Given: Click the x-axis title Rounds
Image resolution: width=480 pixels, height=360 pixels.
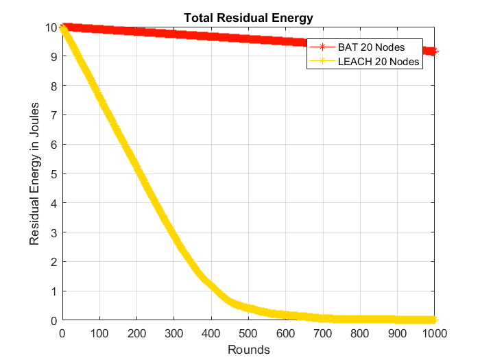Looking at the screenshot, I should tap(248, 350).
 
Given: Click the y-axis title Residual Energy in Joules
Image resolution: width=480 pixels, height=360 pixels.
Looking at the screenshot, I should tap(34, 173).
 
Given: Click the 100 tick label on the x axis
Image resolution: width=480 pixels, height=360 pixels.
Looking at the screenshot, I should tap(99, 333).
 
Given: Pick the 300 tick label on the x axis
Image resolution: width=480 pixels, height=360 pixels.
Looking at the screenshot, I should tap(174, 333).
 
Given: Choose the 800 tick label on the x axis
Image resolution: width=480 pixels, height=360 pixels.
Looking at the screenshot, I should tap(360, 333).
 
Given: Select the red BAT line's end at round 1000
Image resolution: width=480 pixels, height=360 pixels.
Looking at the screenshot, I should tap(433, 51).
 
